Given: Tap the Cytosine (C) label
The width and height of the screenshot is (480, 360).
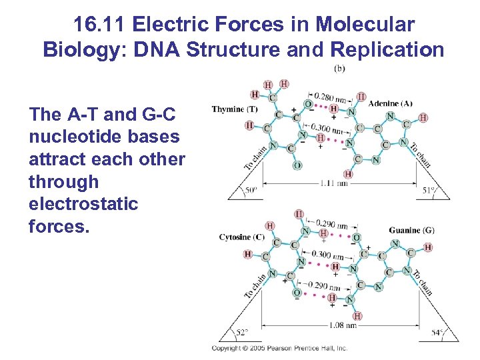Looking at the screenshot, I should pos(242,237).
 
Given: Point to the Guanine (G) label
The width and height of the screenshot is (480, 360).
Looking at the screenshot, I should pos(412,231).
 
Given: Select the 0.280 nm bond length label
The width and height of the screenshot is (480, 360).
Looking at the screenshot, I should pos(329,98).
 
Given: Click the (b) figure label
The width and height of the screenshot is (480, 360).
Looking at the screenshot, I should pos(339,69).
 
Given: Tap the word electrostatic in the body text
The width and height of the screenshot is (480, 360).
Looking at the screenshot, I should pos(83,204).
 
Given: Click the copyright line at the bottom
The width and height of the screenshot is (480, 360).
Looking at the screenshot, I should pos(279,348).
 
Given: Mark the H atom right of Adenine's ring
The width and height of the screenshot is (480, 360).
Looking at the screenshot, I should pos(424,118).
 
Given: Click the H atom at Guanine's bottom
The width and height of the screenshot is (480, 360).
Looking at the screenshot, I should pos(357,316).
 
